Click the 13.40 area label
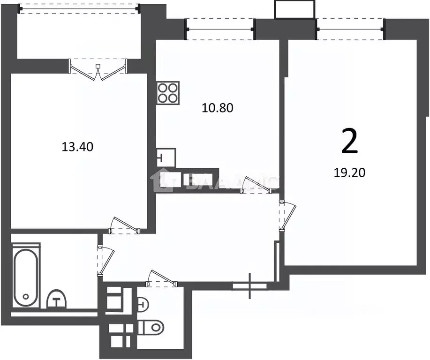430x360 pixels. [78, 147]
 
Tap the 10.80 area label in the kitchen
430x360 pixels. [218, 108]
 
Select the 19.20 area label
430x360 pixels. [349, 172]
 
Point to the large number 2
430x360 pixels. [349, 142]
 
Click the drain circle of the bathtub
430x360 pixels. [26, 297]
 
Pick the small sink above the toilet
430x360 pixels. [143, 305]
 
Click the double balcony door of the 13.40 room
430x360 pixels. [98, 68]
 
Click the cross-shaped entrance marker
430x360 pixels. [249, 285]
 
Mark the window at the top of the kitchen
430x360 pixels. [220, 29]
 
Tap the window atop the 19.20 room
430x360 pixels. [351, 29]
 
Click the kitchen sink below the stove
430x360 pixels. [165, 157]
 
